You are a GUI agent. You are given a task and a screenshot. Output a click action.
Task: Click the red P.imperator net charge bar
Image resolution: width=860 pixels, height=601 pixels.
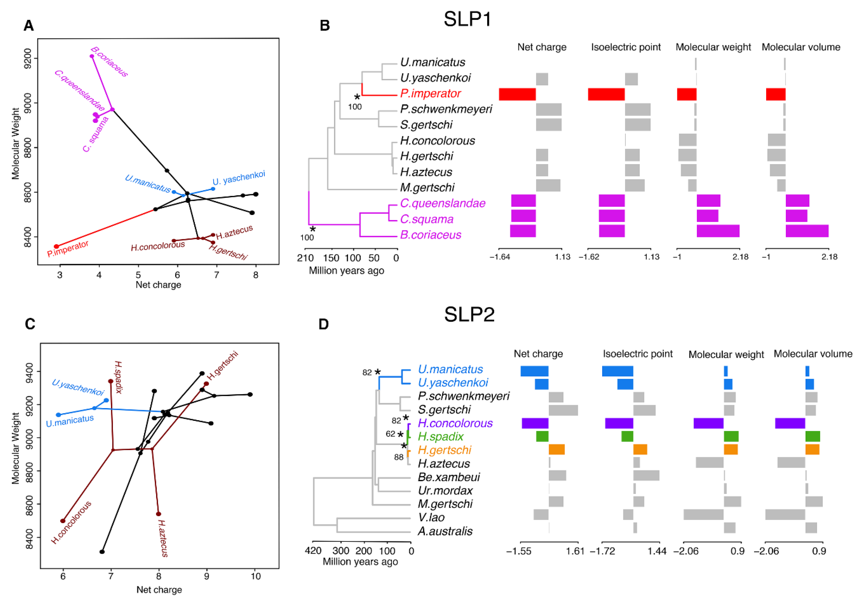tap(517, 94)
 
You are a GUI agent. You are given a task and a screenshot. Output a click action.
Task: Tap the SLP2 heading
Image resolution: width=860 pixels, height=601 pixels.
tap(469, 314)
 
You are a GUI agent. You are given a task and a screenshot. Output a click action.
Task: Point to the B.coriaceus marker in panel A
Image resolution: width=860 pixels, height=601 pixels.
tap(92, 56)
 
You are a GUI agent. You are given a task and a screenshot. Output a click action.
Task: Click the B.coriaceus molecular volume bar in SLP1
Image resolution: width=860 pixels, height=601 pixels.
tap(807, 231)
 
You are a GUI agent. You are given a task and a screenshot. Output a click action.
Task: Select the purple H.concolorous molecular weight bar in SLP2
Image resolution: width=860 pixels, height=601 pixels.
tap(708, 423)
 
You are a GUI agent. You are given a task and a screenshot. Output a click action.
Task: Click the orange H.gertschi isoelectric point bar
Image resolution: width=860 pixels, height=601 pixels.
tap(640, 450)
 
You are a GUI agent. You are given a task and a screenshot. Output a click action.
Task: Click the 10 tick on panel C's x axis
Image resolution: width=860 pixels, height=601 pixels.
tap(255, 576)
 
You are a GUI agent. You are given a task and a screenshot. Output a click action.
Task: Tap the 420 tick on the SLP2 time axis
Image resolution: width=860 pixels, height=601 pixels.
tap(313, 551)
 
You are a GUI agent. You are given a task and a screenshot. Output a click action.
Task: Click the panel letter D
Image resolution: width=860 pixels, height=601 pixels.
tap(323, 324)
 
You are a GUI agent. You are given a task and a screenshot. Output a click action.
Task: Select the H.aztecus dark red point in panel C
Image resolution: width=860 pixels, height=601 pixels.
tap(158, 514)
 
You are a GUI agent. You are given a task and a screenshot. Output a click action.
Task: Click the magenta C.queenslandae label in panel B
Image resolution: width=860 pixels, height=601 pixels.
tap(442, 203)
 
